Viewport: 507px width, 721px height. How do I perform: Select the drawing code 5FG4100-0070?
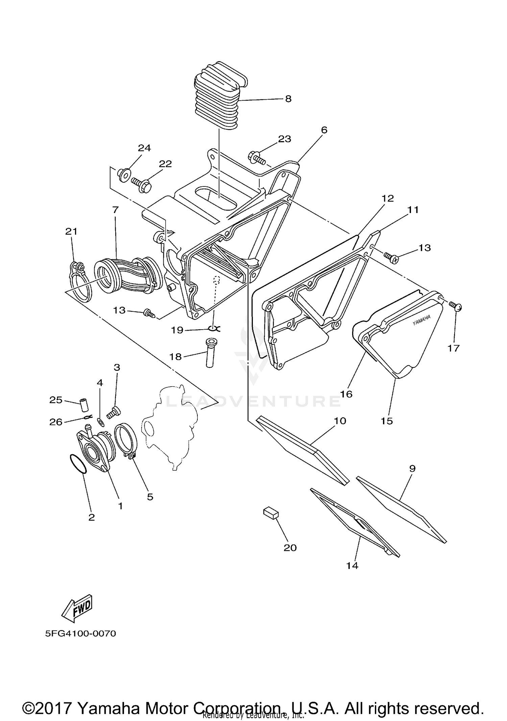click(x=80, y=634)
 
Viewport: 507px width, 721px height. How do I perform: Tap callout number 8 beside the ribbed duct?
click(x=288, y=99)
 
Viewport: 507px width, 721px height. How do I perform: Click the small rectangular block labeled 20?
click(x=271, y=513)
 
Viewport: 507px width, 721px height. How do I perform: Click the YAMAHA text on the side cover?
click(x=421, y=320)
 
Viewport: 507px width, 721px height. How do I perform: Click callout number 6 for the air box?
click(x=324, y=130)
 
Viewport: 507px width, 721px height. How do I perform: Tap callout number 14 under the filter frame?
click(x=352, y=565)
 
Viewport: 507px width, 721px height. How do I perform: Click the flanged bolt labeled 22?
click(x=142, y=184)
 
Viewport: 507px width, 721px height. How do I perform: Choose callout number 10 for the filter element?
click(x=340, y=421)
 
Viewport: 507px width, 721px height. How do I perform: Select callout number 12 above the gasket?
click(x=387, y=198)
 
